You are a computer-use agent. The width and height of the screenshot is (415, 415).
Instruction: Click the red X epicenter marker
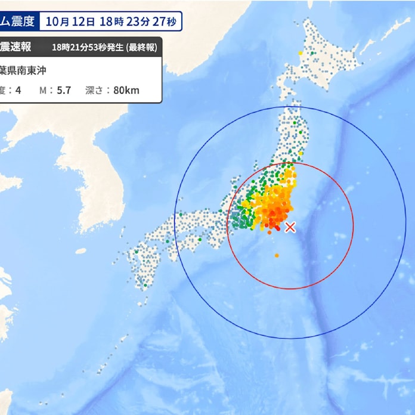pyautogui.click(x=290, y=227)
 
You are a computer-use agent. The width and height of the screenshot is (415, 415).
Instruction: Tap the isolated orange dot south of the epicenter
pyautogui.click(x=277, y=255)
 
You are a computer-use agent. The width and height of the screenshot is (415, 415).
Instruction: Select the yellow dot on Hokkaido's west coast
pyautogui.click(x=300, y=54)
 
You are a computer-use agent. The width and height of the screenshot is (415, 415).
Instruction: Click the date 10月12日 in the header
pyautogui.click(x=69, y=22)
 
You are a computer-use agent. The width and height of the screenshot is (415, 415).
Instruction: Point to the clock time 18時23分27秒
pyautogui.click(x=138, y=22)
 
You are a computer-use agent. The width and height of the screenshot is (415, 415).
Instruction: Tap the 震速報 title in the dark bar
pyautogui.click(x=17, y=47)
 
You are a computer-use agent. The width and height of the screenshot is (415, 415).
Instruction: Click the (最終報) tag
pyautogui.click(x=140, y=47)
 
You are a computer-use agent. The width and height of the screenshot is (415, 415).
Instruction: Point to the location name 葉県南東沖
pyautogui.click(x=23, y=70)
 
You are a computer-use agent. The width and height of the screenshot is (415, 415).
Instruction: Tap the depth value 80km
pyautogui.click(x=126, y=91)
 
